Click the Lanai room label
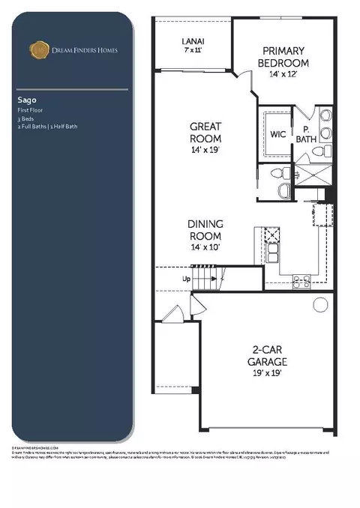tap(194, 43)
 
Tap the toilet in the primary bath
tap(319, 150)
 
